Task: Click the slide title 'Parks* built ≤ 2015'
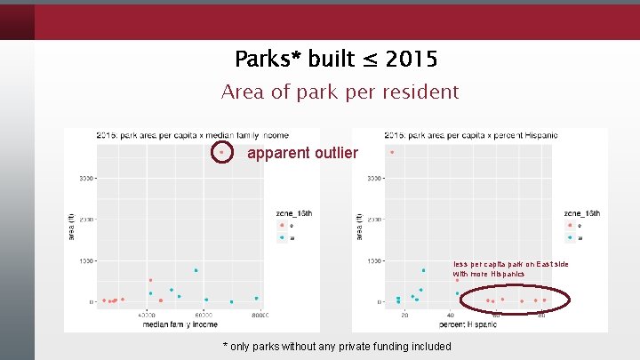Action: (x=336, y=60)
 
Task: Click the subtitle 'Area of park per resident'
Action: (x=340, y=92)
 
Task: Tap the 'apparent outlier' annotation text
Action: (x=302, y=154)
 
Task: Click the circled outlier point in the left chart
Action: (x=220, y=153)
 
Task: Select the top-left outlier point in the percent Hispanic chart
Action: (x=391, y=152)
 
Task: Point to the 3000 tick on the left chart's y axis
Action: (x=86, y=179)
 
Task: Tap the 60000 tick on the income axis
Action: (x=204, y=315)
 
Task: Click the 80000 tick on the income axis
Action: (x=260, y=315)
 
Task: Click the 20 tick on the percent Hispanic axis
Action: (x=404, y=315)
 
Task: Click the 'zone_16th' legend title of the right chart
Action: (x=581, y=213)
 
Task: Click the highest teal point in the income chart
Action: (x=196, y=270)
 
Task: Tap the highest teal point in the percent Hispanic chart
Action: (x=424, y=270)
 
